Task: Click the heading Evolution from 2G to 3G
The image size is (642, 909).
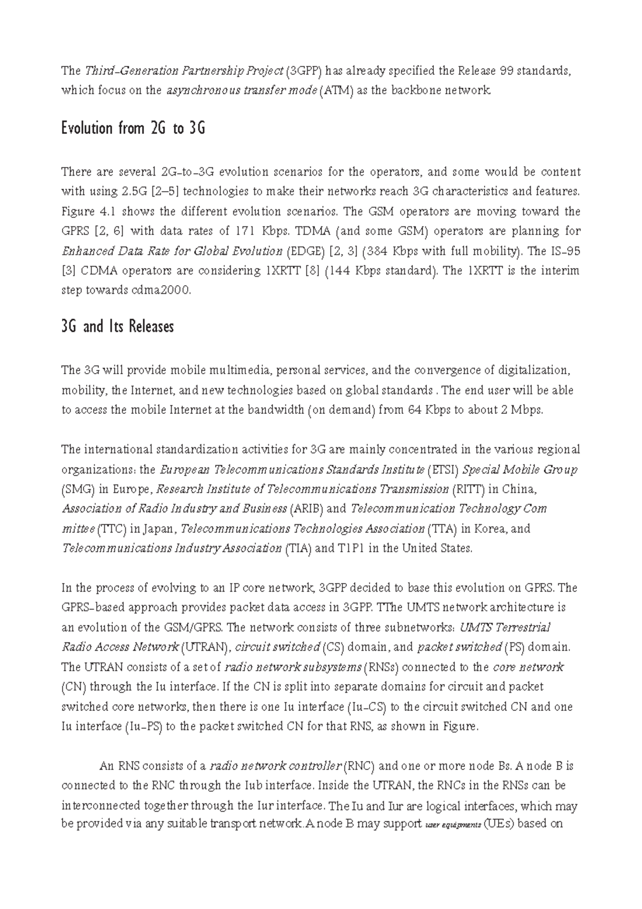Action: point(133,129)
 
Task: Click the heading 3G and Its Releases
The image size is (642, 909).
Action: point(118,327)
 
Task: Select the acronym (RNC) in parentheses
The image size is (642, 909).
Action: point(360,766)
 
